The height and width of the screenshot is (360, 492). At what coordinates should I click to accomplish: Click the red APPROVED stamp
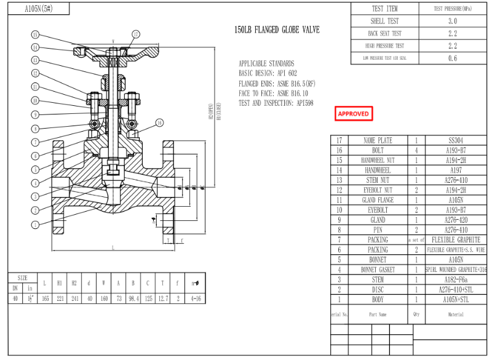pos(354,114)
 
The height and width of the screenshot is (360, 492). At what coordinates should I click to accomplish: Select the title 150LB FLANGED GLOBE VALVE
pos(277,30)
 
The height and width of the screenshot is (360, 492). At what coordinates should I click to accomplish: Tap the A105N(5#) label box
pos(38,9)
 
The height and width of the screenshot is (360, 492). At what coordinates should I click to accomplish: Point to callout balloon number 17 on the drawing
pos(135,34)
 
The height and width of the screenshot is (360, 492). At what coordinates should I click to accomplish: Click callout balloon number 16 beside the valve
pos(159,123)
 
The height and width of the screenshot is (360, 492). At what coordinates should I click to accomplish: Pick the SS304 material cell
pos(456,140)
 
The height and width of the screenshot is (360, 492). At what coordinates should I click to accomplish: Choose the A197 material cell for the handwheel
pos(456,170)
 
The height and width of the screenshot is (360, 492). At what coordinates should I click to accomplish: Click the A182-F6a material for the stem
pos(456,279)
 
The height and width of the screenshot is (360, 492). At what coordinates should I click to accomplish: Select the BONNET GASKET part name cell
pos(378,270)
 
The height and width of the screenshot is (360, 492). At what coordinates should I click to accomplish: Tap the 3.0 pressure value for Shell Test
pos(453,21)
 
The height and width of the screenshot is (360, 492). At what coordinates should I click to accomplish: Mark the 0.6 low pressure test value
pos(453,58)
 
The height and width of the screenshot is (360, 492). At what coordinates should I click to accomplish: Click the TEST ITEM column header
pos(385,9)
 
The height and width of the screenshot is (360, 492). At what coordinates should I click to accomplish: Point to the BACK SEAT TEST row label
pos(385,33)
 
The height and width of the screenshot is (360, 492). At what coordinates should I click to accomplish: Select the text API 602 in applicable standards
pos(284,73)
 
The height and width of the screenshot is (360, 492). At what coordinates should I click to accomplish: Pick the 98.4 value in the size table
pos(132,298)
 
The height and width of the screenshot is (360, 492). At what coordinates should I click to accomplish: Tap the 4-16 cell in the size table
pos(196,298)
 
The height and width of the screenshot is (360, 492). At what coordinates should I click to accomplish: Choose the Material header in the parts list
pos(456,314)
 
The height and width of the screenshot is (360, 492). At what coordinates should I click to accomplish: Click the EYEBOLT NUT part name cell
pos(378,190)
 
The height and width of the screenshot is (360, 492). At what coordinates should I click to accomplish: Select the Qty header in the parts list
pos(416,314)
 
